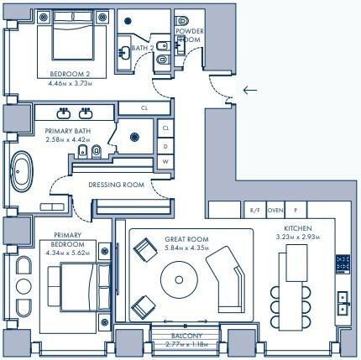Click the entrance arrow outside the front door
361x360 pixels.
pyautogui.click(x=250, y=90)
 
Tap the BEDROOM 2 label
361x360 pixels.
pyautogui.click(x=70, y=74)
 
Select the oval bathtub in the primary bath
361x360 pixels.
pyautogui.click(x=21, y=171)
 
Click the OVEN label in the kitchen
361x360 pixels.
pyautogui.click(x=275, y=210)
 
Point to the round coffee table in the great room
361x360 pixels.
pyautogui.click(x=179, y=279)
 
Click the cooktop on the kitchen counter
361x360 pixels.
pyautogui.click(x=343, y=264)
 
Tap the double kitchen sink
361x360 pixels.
pyautogui.click(x=343, y=303)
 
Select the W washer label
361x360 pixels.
pyautogui.click(x=165, y=161)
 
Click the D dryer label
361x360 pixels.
pyautogui.click(x=165, y=146)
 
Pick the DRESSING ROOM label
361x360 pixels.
pyautogui.click(x=117, y=185)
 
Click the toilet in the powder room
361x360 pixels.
pyautogui.click(x=182, y=20)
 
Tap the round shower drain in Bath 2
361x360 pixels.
pyautogui.click(x=128, y=20)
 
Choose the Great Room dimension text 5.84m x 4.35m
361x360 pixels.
pyautogui.click(x=186, y=248)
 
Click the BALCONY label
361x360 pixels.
pyautogui.click(x=186, y=336)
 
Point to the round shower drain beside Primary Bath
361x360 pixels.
pyautogui.click(x=134, y=137)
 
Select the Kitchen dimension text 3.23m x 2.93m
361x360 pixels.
pyautogui.click(x=298, y=237)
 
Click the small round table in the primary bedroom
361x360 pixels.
pyautogui.click(x=24, y=286)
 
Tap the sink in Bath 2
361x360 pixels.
pyautogui.click(x=124, y=52)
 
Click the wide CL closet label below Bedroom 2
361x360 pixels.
pyautogui.click(x=144, y=108)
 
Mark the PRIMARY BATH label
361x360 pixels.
pyautogui.click(x=68, y=131)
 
